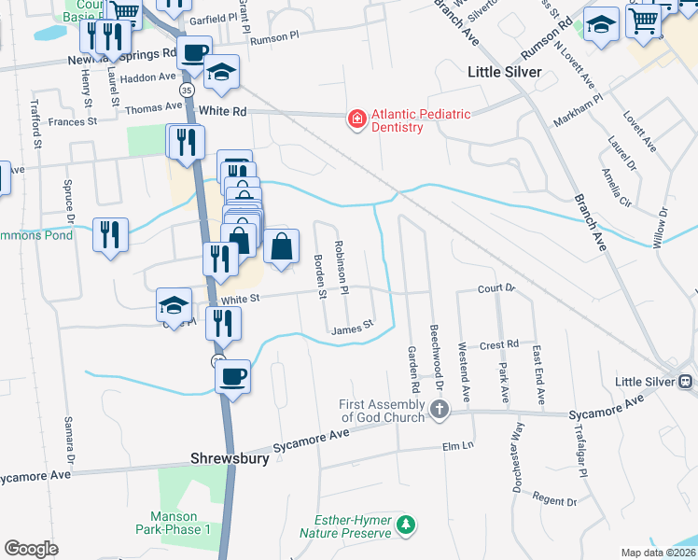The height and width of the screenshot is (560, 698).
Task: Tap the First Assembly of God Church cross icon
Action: [x=439, y=409]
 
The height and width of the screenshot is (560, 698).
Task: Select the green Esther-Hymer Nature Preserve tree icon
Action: [x=406, y=525]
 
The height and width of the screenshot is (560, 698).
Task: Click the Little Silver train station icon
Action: [x=685, y=381]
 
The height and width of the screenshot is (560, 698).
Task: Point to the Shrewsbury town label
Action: [x=230, y=458]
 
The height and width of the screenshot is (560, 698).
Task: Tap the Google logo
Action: [x=31, y=549]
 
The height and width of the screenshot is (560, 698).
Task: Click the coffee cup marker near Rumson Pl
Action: [x=194, y=53]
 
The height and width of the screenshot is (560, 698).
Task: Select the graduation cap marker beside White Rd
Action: [x=222, y=72]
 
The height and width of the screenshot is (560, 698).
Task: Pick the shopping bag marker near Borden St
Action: [x=281, y=247]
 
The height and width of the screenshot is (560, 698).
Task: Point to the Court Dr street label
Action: [x=496, y=288]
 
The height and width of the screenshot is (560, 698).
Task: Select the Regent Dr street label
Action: [x=554, y=500]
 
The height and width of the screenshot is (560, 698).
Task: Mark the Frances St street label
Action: [x=73, y=121]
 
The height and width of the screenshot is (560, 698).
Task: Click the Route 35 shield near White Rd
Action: [x=187, y=89]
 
